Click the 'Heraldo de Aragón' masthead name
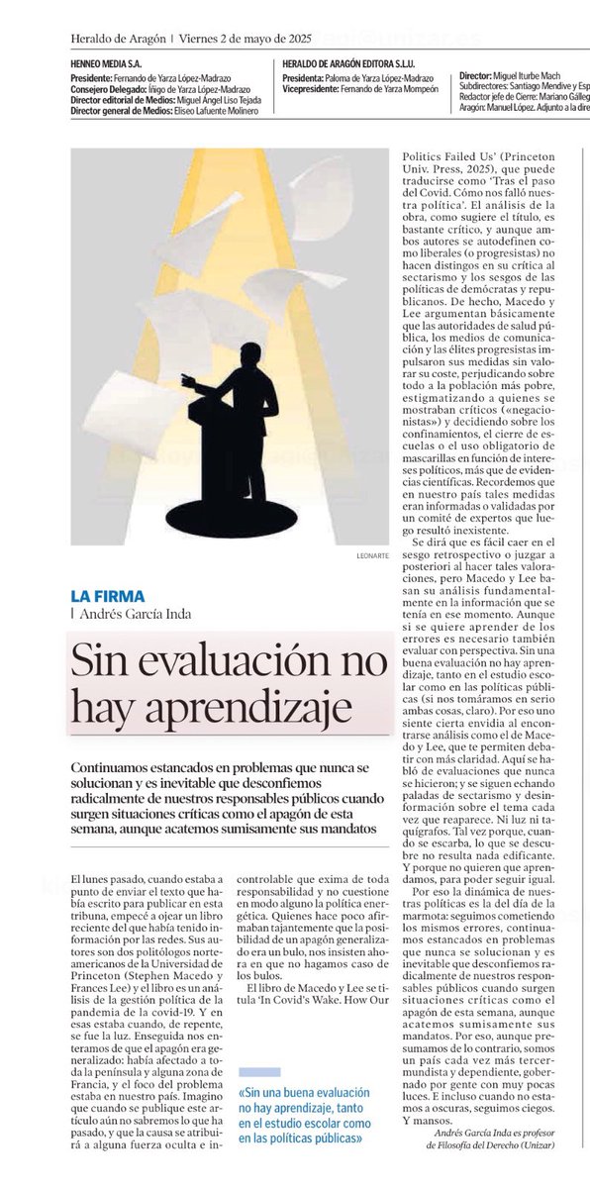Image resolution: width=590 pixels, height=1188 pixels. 118,39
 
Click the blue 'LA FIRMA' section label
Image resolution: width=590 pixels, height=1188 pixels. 107,596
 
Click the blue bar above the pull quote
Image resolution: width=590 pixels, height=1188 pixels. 259,1071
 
